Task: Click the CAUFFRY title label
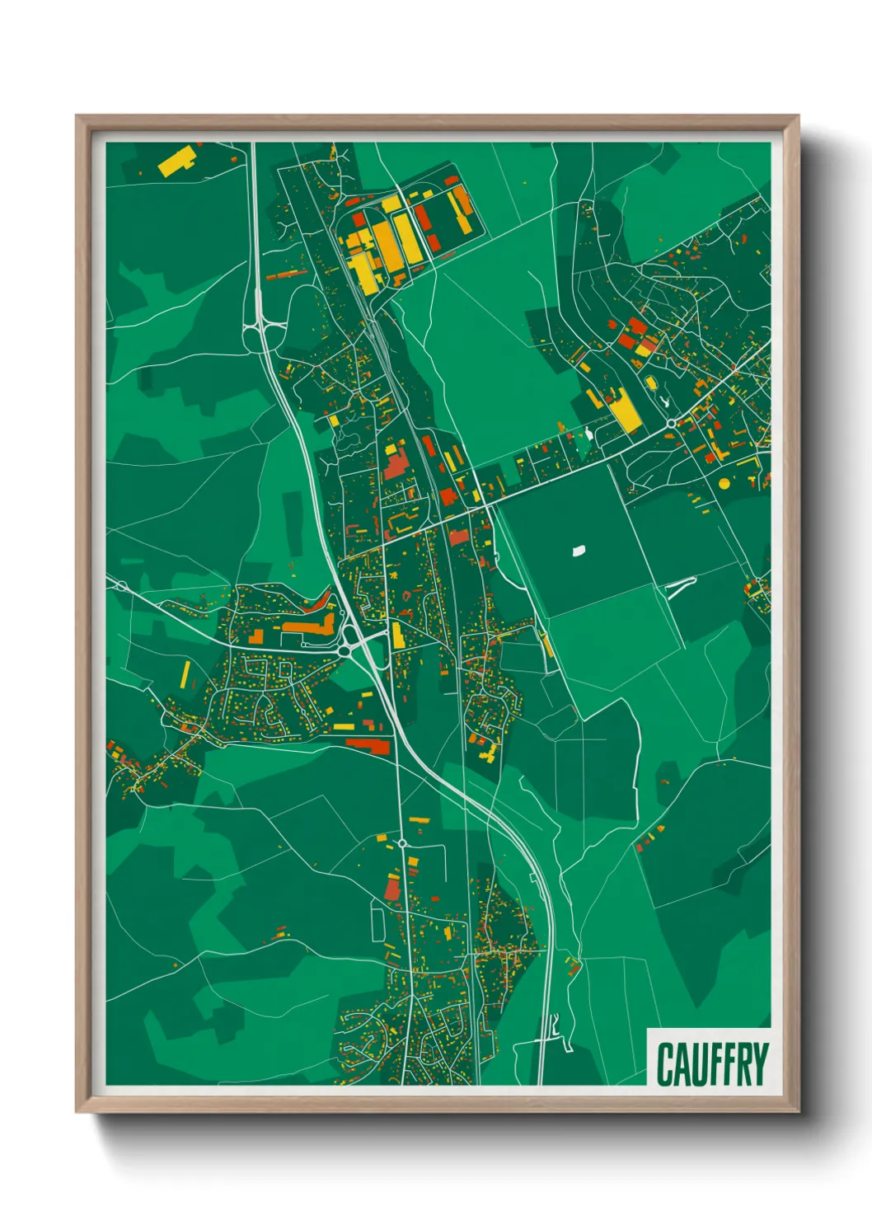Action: pyautogui.click(x=711, y=1064)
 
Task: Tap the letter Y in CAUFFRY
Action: pyautogui.click(x=760, y=1064)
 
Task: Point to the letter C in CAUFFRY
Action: pyautogui.click(x=664, y=1064)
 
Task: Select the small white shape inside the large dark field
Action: pyautogui.click(x=579, y=550)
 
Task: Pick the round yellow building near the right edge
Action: pyautogui.click(x=724, y=483)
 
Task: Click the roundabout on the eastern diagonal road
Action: pyautogui.click(x=672, y=423)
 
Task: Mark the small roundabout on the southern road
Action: pyautogui.click(x=401, y=842)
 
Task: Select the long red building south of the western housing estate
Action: pyautogui.click(x=368, y=745)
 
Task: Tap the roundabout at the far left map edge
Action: pyautogui.click(x=121, y=585)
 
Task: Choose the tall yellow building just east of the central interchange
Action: pyautogui.click(x=398, y=636)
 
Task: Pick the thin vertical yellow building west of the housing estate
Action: pyautogui.click(x=185, y=674)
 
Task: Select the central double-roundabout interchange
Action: pyautogui.click(x=350, y=639)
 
